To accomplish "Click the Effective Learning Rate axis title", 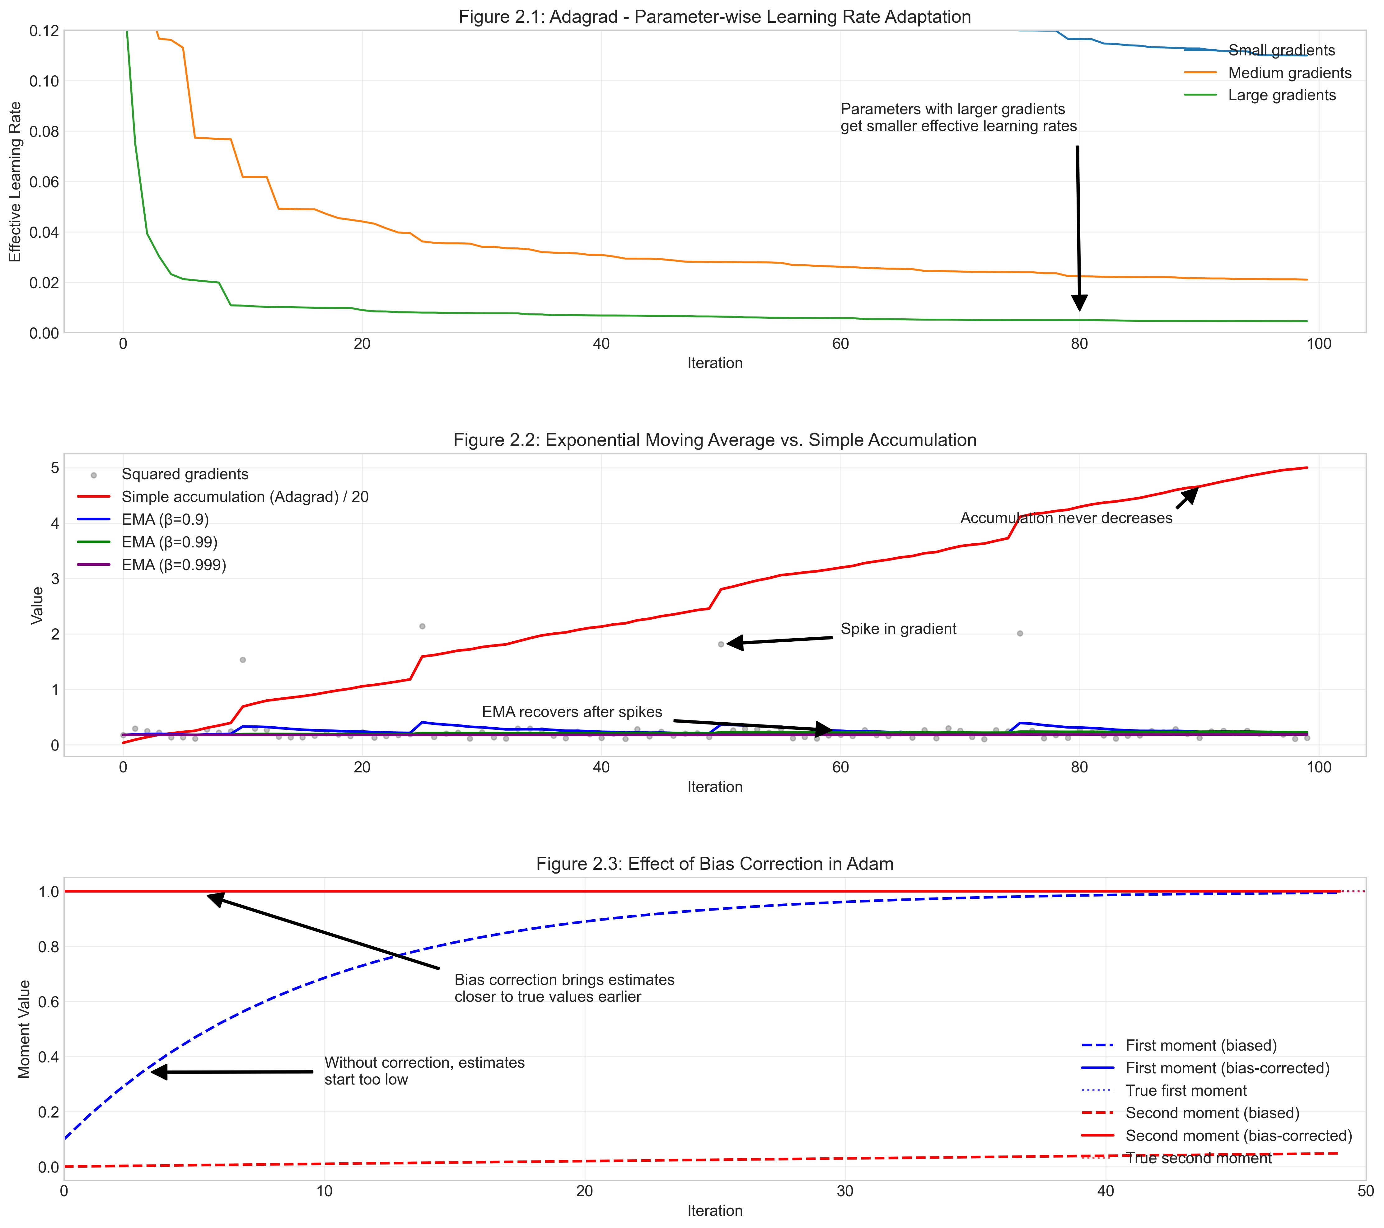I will point(15,181).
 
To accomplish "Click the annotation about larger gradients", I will point(958,118).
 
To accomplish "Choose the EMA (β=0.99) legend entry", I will point(169,542).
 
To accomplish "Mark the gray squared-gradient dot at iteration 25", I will point(423,626).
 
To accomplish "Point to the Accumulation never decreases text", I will point(1066,518).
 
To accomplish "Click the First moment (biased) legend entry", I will point(1200,1046).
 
